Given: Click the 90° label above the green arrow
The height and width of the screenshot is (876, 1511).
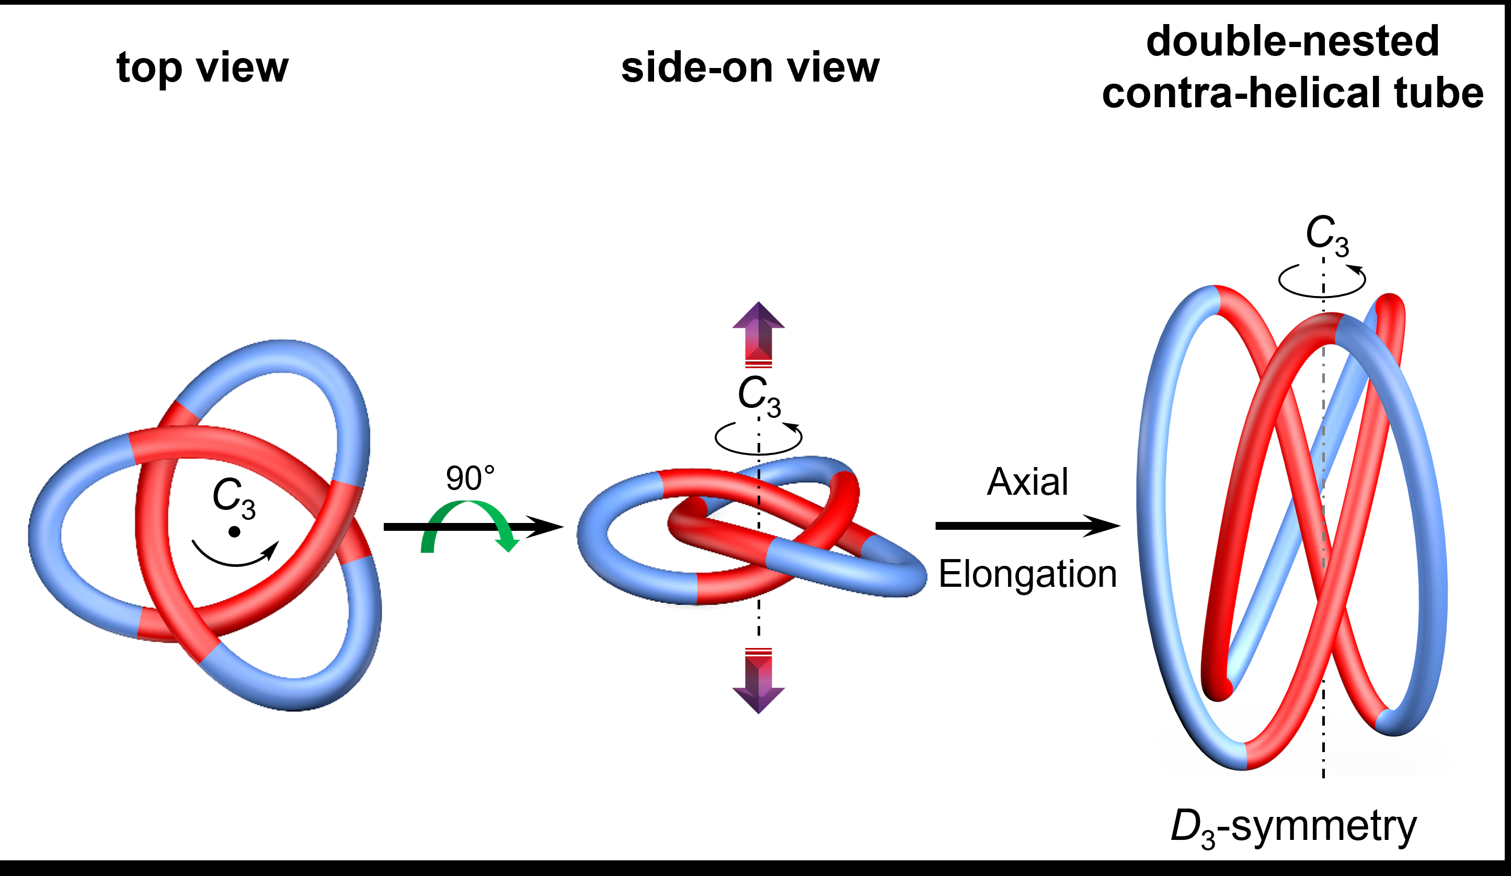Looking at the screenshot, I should pos(470,478).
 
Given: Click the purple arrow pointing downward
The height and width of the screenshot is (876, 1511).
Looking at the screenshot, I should pos(759,684).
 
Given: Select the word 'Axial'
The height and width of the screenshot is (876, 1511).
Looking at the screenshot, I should pos(1027,482).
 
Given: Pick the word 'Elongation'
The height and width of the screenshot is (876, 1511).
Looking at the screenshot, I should pos(1027,574).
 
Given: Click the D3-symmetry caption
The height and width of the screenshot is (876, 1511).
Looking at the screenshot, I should pos(1293,828).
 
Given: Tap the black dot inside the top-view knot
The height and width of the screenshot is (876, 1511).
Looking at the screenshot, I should pos(234,532).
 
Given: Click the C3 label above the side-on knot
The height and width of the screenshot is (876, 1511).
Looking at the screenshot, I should pos(759,395).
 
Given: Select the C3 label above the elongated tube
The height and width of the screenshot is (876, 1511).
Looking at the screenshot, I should pos(1327,234).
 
